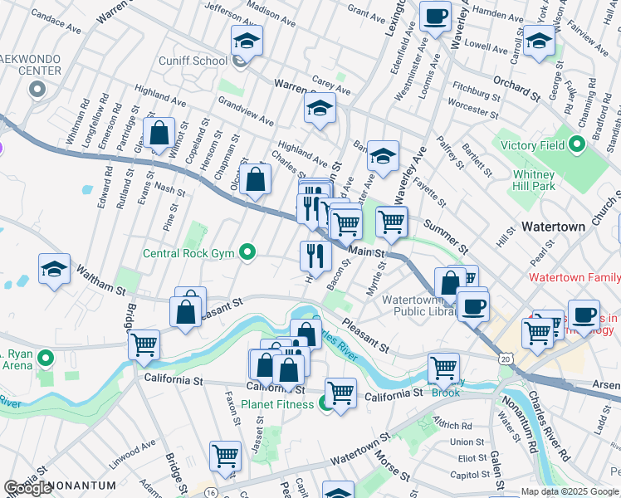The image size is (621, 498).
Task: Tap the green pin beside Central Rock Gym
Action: (247, 253)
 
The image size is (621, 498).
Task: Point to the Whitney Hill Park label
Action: (533, 181)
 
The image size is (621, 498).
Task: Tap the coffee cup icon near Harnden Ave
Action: (435, 16)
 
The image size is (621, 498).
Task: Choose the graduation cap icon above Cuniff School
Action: (247, 39)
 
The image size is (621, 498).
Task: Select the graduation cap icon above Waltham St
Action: (54, 268)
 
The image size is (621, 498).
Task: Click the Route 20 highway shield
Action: (506, 357)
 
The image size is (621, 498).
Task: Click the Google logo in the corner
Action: (27, 488)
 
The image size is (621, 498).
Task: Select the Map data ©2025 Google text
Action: (570, 491)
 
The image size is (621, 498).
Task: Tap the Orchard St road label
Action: (516, 86)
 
